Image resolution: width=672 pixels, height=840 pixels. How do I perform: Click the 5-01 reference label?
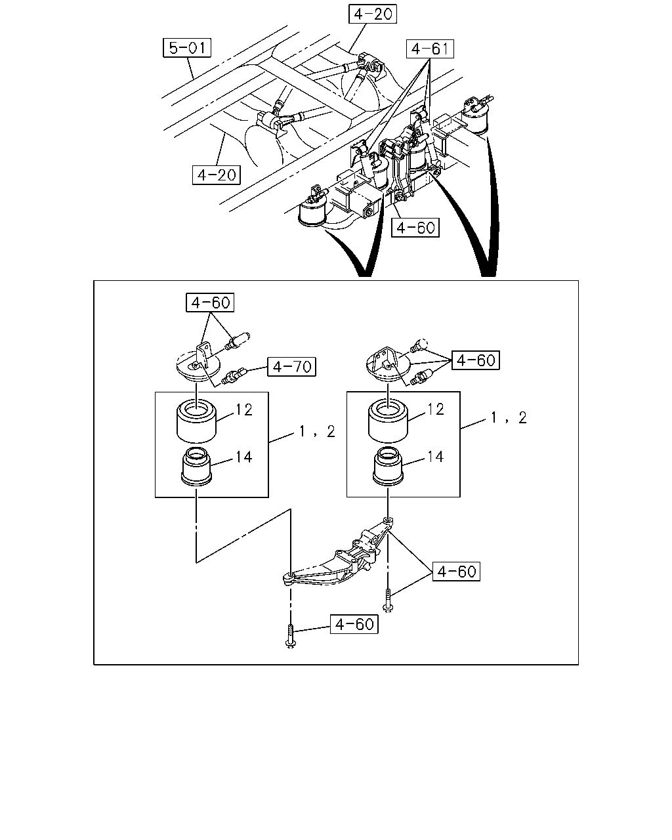pyautogui.click(x=187, y=48)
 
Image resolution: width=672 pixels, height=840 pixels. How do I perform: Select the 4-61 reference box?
pyautogui.click(x=430, y=49)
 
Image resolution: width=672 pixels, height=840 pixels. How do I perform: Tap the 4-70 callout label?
pyautogui.click(x=291, y=367)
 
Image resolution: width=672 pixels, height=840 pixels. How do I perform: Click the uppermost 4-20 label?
pyautogui.click(x=373, y=14)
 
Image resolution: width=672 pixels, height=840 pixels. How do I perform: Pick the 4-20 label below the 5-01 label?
pyautogui.click(x=217, y=175)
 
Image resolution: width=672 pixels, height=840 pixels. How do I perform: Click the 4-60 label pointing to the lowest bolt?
pyautogui.click(x=354, y=623)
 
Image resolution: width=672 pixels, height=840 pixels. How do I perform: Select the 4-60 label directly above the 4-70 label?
pyautogui.click(x=210, y=302)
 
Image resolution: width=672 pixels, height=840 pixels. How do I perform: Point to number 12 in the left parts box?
pyautogui.click(x=244, y=409)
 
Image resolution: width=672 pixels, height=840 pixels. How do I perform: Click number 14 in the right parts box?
pyautogui.click(x=435, y=456)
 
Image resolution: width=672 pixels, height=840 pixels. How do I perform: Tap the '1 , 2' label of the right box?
pyautogui.click(x=509, y=417)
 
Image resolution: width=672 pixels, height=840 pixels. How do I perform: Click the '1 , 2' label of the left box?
pyautogui.click(x=317, y=431)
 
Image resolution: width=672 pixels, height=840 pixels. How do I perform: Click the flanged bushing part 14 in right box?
pyautogui.click(x=388, y=467)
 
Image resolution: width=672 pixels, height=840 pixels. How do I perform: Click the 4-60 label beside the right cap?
pyautogui.click(x=476, y=360)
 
